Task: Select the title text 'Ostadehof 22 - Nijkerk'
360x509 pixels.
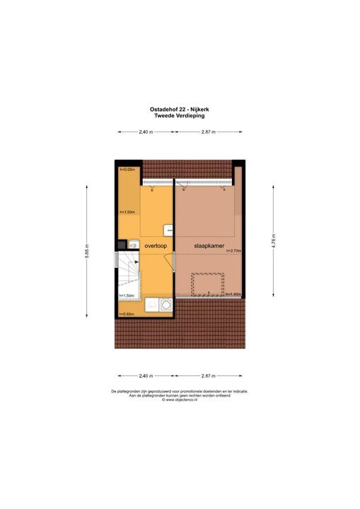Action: click(x=180, y=110)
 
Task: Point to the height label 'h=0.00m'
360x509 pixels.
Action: click(x=127, y=170)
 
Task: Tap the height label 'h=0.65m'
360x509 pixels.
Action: click(x=127, y=314)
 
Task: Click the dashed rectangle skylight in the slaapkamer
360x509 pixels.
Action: click(x=208, y=283)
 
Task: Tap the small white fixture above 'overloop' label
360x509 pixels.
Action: click(x=168, y=229)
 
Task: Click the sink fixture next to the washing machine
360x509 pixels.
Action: click(x=151, y=305)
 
